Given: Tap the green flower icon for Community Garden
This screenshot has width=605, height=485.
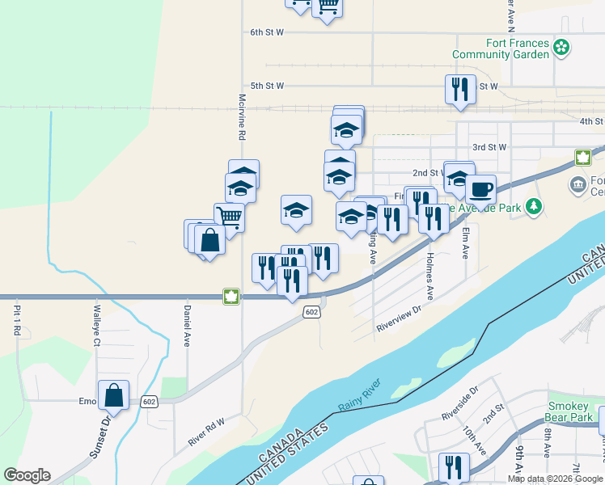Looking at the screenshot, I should (x=562, y=48).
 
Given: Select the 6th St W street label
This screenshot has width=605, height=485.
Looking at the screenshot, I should (x=267, y=32).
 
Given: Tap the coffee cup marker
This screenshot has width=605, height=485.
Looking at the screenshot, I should (x=480, y=190).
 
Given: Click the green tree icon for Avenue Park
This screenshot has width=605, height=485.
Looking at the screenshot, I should (x=533, y=208).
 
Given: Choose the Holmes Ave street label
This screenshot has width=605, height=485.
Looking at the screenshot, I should (x=430, y=276).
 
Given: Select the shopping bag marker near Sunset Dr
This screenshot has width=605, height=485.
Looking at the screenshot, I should (x=114, y=396).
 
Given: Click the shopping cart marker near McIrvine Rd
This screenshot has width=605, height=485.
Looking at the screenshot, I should (x=229, y=217).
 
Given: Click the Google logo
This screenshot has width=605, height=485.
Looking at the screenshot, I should (x=27, y=475).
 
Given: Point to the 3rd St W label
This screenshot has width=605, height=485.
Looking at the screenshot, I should (x=489, y=148).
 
